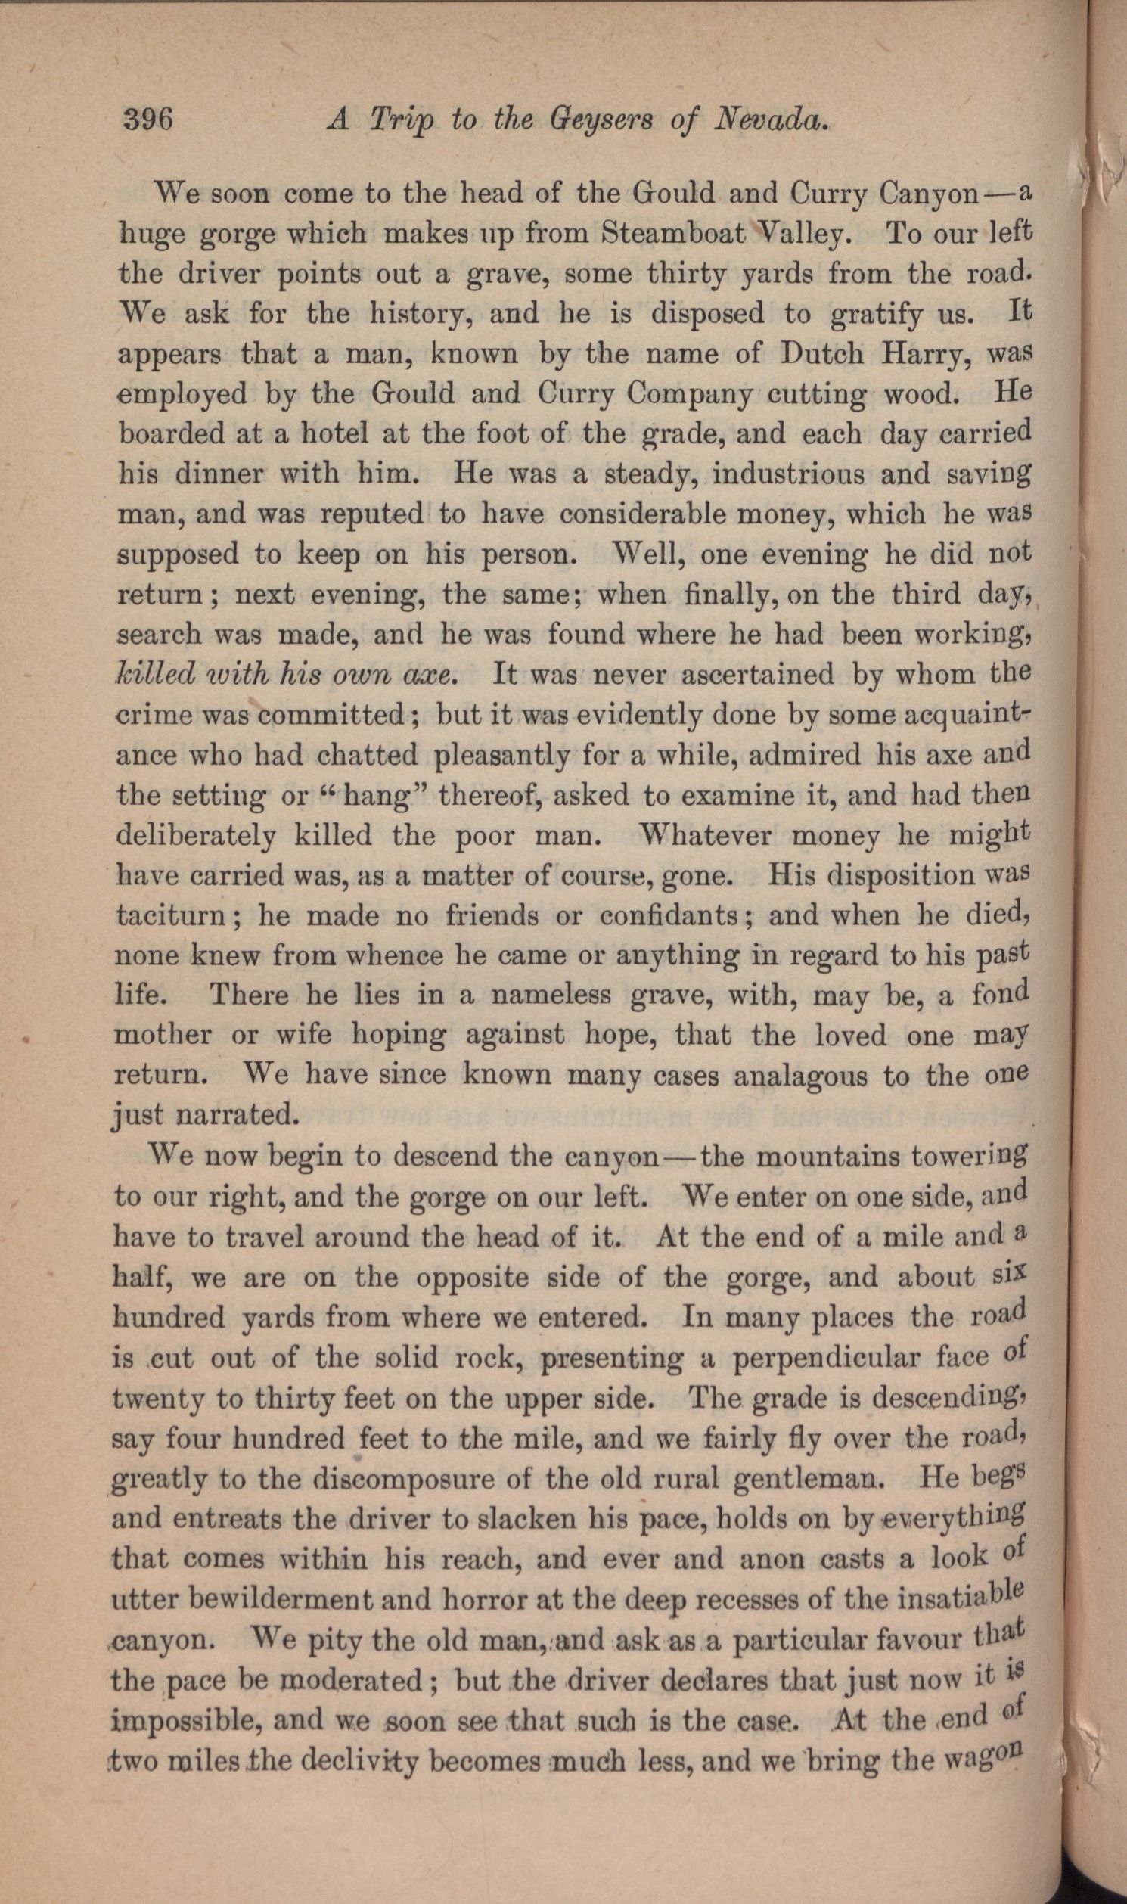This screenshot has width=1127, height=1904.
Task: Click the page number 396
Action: pos(148,120)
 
